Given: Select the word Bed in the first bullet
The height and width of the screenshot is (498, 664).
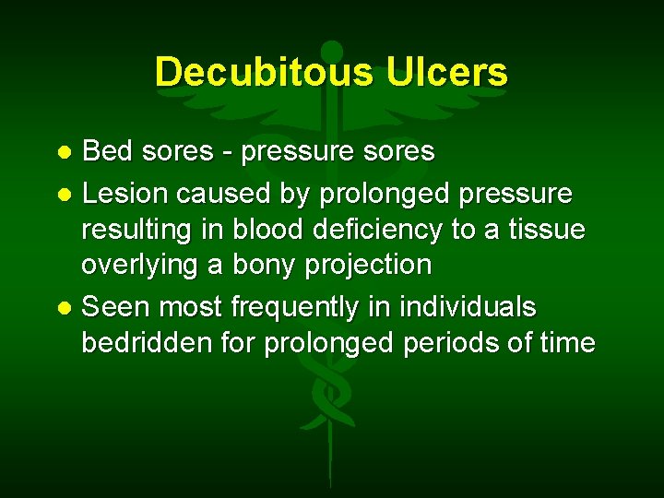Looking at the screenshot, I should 107,150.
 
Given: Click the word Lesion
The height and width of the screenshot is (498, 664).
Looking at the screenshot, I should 125,194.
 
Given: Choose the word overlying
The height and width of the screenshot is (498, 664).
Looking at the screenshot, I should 139,266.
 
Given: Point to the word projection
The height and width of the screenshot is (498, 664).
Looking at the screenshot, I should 373,266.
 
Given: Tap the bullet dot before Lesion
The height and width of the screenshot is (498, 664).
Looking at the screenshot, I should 65,195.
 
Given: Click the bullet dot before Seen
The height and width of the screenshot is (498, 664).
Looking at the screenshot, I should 65,306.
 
